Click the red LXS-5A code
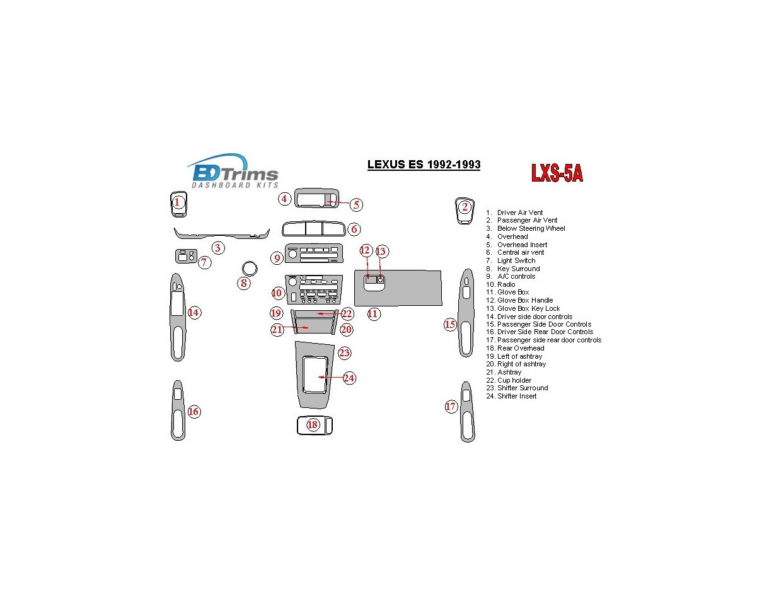click(556, 172)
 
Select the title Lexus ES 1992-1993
click(424, 165)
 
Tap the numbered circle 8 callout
click(244, 282)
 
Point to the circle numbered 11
click(374, 313)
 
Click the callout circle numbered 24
click(349, 378)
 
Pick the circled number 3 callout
click(217, 248)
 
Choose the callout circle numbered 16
click(193, 412)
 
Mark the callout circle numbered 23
click(344, 352)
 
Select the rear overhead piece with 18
click(314, 426)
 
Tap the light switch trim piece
click(185, 256)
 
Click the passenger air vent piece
click(465, 210)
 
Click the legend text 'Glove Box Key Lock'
click(528, 308)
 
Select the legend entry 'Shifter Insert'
click(517, 396)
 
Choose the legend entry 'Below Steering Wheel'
click(531, 228)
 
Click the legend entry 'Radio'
click(506, 284)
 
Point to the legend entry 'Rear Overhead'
click(521, 348)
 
